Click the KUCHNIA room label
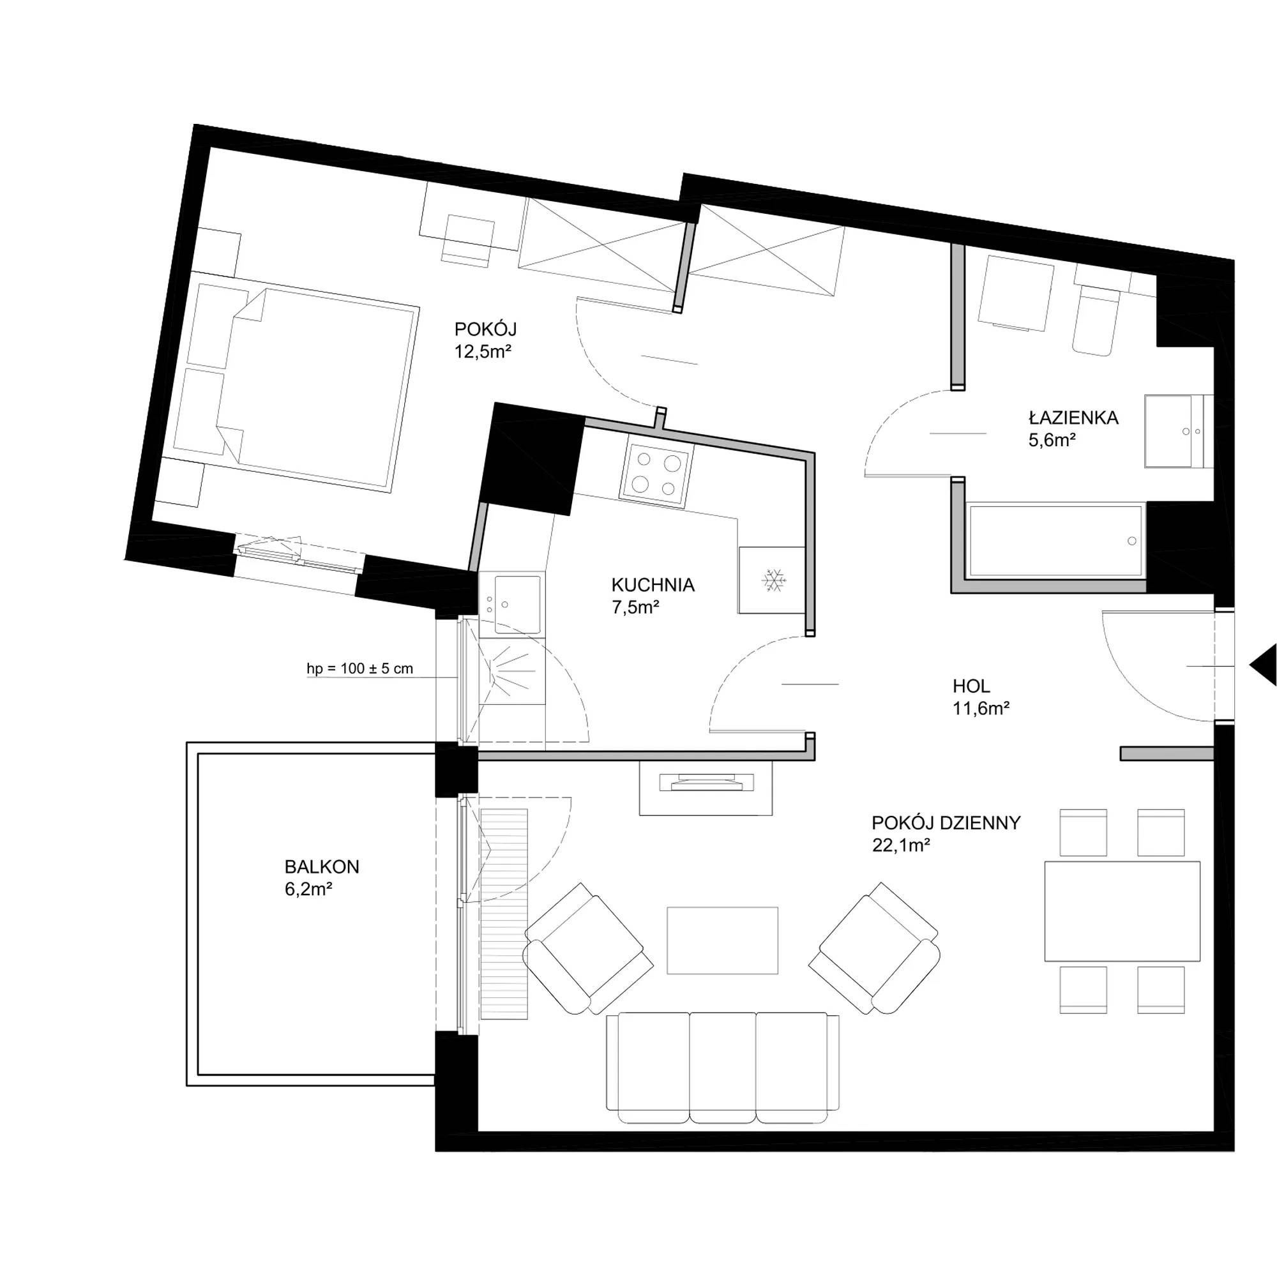pos(653,585)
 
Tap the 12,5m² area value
pos(483,352)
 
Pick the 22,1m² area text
pos(902,845)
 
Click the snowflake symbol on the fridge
pos(772,580)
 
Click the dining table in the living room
pos(1122,912)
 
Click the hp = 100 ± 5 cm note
pos(359,669)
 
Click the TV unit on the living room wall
pos(706,788)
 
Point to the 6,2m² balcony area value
pos(308,889)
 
